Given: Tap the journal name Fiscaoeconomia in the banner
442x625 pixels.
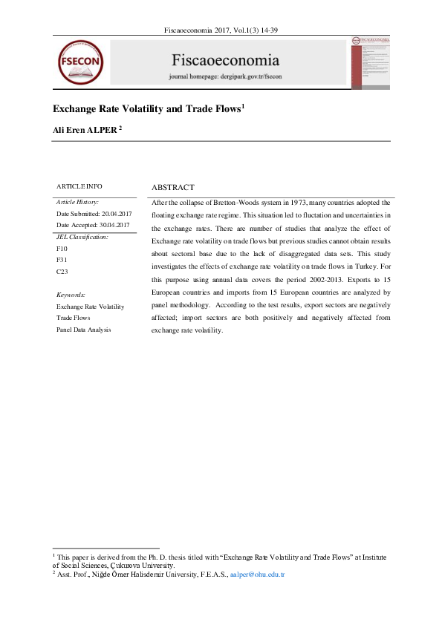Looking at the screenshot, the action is (x=225, y=60).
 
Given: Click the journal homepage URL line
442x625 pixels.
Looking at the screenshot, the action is (x=225, y=76).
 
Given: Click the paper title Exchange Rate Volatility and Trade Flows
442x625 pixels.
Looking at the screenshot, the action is (x=148, y=109).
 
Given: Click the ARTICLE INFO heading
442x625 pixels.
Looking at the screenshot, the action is (x=79, y=186).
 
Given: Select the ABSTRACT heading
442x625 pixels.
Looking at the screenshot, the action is (x=172, y=188).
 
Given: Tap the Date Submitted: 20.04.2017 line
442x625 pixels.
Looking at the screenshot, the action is (x=93, y=214).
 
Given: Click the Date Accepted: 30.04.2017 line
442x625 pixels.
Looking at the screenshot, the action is (x=93, y=225).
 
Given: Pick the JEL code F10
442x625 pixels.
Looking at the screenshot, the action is (x=62, y=248).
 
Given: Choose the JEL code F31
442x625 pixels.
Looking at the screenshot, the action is (x=62, y=261).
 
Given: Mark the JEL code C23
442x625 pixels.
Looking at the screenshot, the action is (x=62, y=272).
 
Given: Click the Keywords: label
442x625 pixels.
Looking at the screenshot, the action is (x=71, y=294).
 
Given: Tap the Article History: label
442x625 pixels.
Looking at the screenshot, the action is (x=77, y=202).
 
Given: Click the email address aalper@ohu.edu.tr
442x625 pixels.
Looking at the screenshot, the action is (x=258, y=575).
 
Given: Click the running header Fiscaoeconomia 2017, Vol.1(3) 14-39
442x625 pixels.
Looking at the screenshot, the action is (x=220, y=30).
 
